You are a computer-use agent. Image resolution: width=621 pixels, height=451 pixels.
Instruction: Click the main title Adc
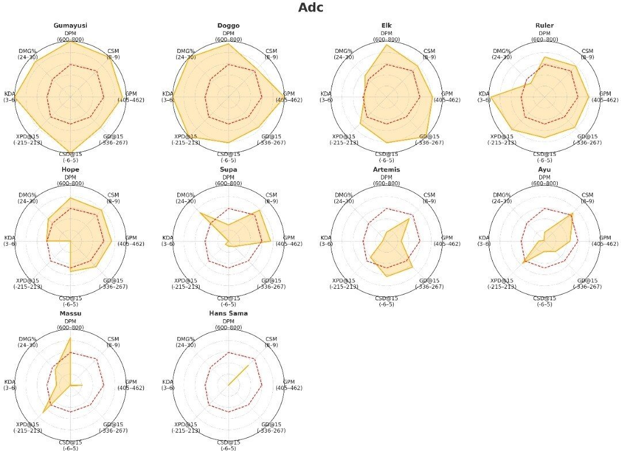[310, 8]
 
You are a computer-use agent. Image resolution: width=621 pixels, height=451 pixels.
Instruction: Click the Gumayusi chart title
[70, 26]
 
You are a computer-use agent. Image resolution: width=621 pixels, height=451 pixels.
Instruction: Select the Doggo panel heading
[228, 26]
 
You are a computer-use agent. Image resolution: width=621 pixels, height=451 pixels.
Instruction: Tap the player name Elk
[387, 26]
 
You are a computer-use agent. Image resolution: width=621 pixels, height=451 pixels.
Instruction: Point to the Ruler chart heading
[544, 26]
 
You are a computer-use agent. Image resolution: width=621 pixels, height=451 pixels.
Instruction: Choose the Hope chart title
[70, 170]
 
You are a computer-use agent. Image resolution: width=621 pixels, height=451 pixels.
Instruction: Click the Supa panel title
[228, 170]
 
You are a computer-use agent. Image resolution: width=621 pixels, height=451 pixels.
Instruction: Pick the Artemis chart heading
[387, 170]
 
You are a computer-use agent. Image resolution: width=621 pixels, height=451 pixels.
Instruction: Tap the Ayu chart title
[544, 170]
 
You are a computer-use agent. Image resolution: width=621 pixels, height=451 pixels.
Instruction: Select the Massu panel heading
[70, 314]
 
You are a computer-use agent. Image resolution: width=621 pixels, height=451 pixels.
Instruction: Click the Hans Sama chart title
[228, 314]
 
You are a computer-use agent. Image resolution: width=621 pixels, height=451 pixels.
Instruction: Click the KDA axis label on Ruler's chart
[484, 94]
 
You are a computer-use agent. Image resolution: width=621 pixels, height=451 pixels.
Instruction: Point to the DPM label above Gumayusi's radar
[70, 33]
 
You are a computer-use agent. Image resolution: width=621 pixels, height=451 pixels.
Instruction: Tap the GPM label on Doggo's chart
[289, 94]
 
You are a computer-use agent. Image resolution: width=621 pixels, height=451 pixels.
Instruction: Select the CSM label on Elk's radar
[429, 51]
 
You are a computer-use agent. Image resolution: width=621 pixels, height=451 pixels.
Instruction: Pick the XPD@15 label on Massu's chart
[27, 425]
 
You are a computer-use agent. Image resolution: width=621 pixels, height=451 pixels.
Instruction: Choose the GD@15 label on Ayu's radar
[588, 281]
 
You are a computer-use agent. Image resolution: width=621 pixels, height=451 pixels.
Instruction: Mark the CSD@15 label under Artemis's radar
[387, 298]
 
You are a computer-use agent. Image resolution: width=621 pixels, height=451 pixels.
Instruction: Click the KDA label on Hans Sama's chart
[168, 381]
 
